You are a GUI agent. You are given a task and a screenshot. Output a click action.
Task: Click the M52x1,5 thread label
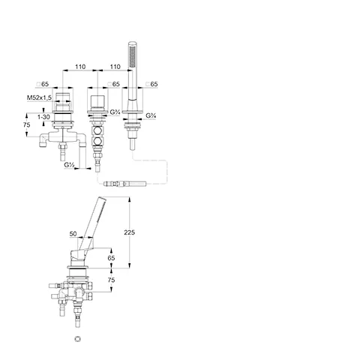coord(39,97)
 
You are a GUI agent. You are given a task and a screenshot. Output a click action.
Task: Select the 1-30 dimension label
coord(43,117)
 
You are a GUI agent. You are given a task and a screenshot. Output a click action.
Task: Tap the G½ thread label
coord(70,165)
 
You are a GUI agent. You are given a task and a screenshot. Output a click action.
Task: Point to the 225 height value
coord(129,232)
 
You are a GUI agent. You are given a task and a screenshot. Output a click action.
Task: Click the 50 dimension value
coord(73,234)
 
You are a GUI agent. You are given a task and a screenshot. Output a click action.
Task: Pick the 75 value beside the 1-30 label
coord(26,124)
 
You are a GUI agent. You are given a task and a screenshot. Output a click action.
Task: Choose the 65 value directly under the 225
coord(111,258)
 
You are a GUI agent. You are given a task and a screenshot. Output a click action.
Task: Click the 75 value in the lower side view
coord(111,280)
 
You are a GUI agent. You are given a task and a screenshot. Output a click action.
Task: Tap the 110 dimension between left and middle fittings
coord(80,67)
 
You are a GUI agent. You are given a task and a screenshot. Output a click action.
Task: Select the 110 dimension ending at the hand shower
coord(115,67)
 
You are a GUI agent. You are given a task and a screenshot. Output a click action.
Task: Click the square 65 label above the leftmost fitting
coord(43,84)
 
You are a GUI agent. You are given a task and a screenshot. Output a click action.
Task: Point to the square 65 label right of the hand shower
coord(151,84)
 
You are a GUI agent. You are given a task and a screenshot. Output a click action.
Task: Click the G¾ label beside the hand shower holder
coord(151,115)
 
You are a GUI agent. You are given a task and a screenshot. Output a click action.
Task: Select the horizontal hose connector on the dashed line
coord(124,184)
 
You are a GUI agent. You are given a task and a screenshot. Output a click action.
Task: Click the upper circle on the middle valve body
coord(97,130)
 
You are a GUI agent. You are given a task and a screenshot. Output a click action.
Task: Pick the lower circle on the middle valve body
coord(97,142)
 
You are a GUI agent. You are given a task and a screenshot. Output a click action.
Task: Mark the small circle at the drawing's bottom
coord(78,339)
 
